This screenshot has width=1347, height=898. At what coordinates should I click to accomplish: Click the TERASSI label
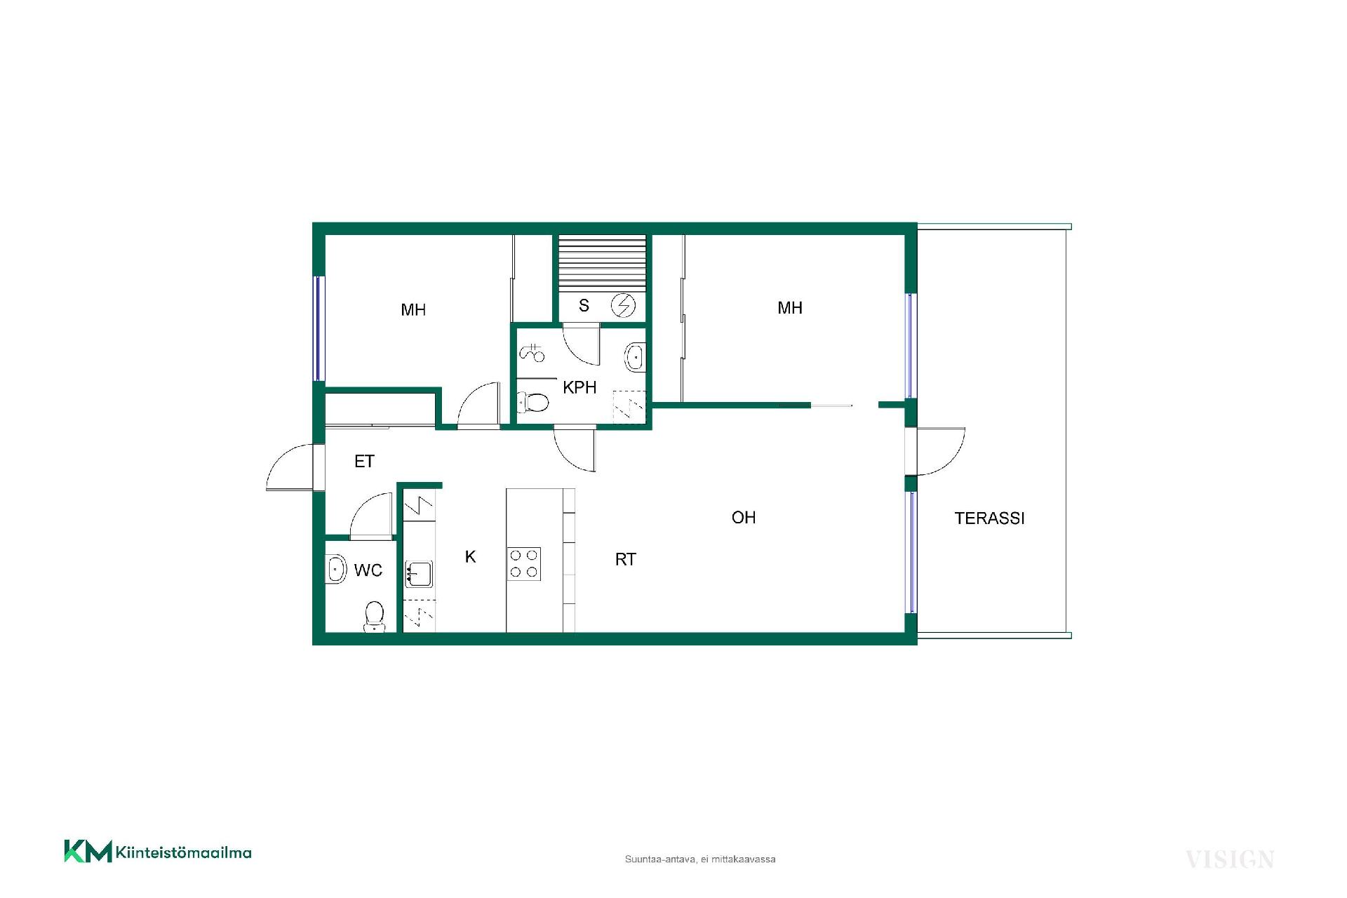[989, 518]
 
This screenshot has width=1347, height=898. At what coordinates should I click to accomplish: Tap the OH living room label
[744, 518]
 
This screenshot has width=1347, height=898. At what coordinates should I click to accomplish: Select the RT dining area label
[625, 559]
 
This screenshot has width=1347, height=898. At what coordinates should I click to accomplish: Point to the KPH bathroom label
[579, 387]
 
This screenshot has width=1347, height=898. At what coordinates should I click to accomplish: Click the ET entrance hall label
[364, 462]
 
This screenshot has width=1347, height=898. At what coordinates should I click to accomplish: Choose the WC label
[368, 570]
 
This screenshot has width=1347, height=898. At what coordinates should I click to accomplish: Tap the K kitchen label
[471, 556]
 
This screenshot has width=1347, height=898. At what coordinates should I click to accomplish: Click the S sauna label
[584, 306]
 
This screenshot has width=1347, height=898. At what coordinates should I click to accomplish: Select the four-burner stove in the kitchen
[524, 563]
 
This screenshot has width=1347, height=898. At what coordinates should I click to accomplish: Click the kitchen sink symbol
[419, 574]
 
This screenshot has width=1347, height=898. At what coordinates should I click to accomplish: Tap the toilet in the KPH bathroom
[532, 403]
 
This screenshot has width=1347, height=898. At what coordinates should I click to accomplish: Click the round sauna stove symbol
[623, 305]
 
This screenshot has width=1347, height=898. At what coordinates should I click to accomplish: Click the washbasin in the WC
[337, 569]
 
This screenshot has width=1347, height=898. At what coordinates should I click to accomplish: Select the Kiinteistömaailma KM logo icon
[88, 851]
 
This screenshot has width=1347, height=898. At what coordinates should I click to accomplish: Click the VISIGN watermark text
[1229, 859]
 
